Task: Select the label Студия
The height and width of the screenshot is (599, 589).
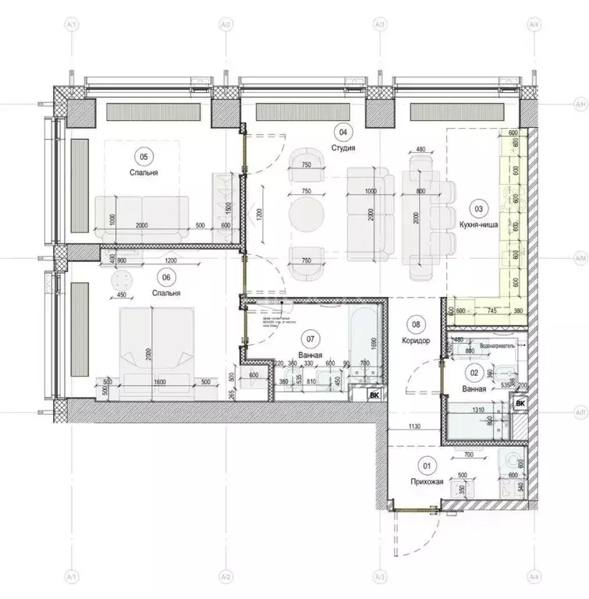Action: coord(343,147)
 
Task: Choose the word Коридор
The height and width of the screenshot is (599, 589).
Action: coord(416,340)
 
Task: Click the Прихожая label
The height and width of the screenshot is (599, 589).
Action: coord(427,483)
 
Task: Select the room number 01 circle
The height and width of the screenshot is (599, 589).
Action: coord(427,466)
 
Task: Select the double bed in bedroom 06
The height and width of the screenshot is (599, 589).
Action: coord(156,343)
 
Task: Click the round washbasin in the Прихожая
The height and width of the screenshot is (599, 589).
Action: coord(514,459)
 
